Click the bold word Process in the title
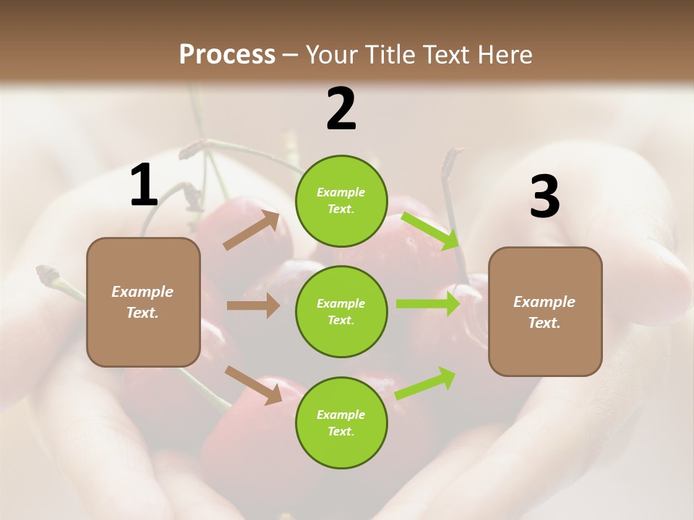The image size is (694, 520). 227,55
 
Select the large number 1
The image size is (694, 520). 144,186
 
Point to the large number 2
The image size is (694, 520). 341,109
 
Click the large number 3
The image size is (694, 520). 544,197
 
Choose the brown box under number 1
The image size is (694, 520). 143,302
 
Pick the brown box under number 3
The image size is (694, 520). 545,311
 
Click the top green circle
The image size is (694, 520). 341,200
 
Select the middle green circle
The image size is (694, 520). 341,311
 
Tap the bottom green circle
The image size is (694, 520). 341,422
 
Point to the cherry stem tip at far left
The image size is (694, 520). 47,274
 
